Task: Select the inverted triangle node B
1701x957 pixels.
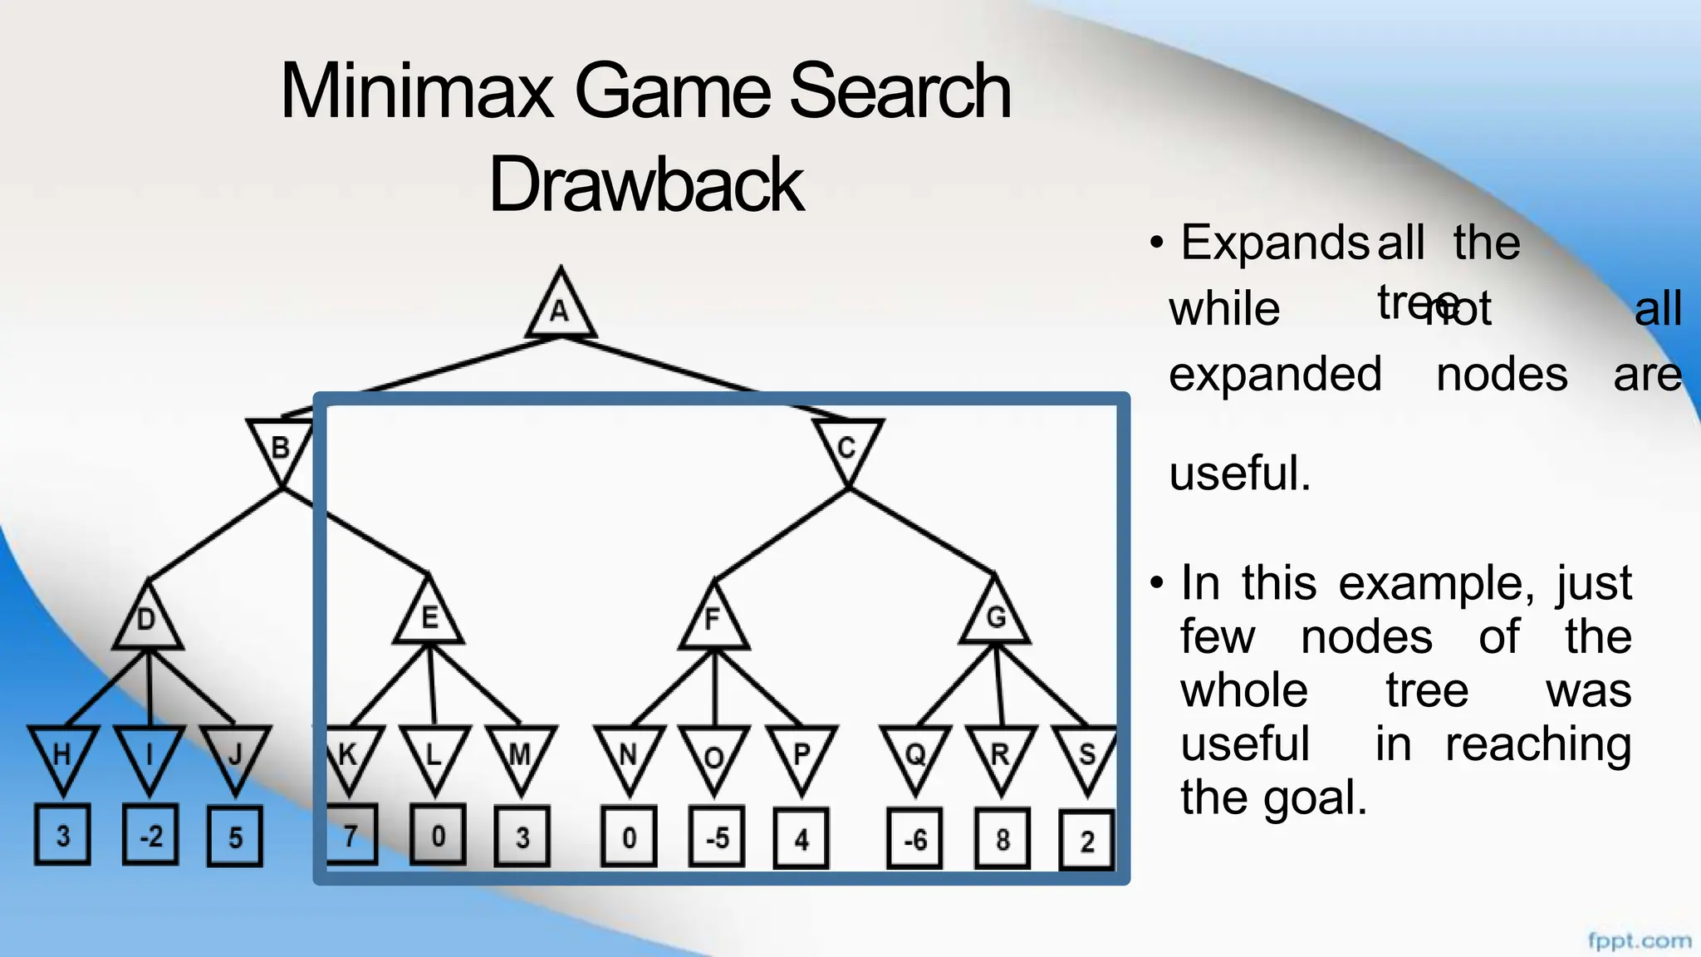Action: tap(281, 447)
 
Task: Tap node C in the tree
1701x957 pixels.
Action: tap(847, 447)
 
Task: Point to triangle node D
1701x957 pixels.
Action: tap(147, 620)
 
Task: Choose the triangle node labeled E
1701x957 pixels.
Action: tap(429, 618)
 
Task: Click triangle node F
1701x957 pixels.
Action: tap(713, 620)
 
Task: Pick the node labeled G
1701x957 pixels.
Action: tap(995, 617)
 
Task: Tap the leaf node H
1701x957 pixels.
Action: tap(63, 754)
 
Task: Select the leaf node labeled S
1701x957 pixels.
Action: tap(1086, 754)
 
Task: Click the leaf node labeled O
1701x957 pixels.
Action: tap(714, 756)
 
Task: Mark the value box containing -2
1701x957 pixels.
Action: tap(150, 836)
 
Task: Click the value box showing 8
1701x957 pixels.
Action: tap(1002, 840)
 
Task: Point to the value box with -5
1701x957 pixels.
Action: tap(717, 838)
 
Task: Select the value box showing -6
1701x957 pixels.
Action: tap(915, 840)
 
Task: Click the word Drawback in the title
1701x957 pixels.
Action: tap(645, 184)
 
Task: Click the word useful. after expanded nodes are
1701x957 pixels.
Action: tap(1239, 474)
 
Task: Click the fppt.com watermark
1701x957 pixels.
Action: tap(1639, 941)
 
